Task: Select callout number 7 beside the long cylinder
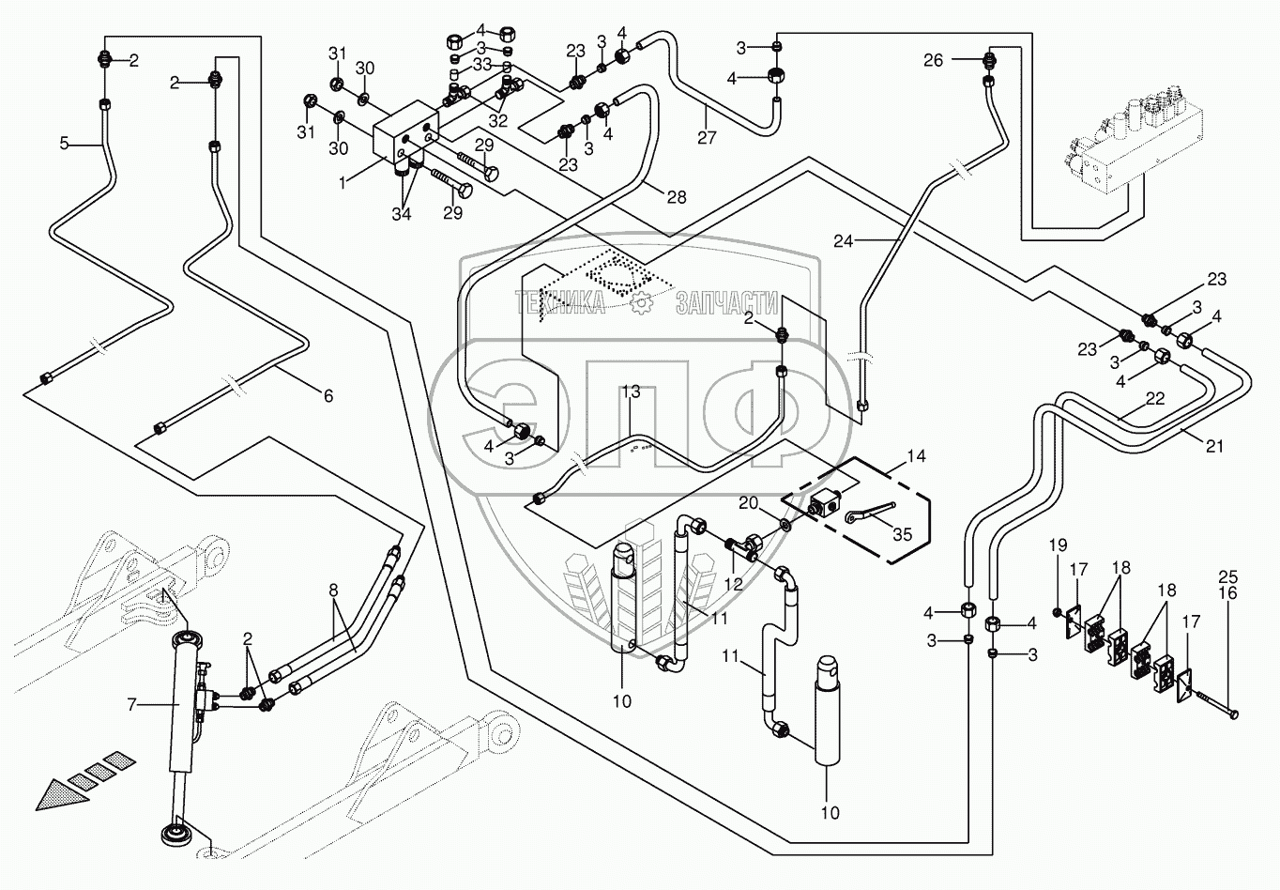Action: pyautogui.click(x=131, y=702)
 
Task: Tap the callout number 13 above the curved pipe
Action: pyautogui.click(x=630, y=391)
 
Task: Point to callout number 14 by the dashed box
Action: pyautogui.click(x=917, y=456)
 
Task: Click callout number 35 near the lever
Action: pyautogui.click(x=902, y=534)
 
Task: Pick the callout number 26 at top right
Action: pyautogui.click(x=933, y=60)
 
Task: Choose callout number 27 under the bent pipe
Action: pyautogui.click(x=707, y=137)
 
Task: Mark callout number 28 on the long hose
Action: pyautogui.click(x=676, y=196)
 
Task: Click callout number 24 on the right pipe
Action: pyautogui.click(x=843, y=240)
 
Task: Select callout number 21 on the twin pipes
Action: pyautogui.click(x=1214, y=446)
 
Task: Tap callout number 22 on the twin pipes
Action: pyautogui.click(x=1154, y=399)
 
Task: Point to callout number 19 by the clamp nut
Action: pyautogui.click(x=1058, y=545)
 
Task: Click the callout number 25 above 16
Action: pyautogui.click(x=1227, y=576)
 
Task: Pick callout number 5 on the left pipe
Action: pyautogui.click(x=64, y=144)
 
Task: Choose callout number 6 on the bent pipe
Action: pyautogui.click(x=328, y=396)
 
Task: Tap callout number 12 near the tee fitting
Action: pyautogui.click(x=733, y=584)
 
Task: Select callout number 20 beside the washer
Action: pyautogui.click(x=748, y=503)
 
